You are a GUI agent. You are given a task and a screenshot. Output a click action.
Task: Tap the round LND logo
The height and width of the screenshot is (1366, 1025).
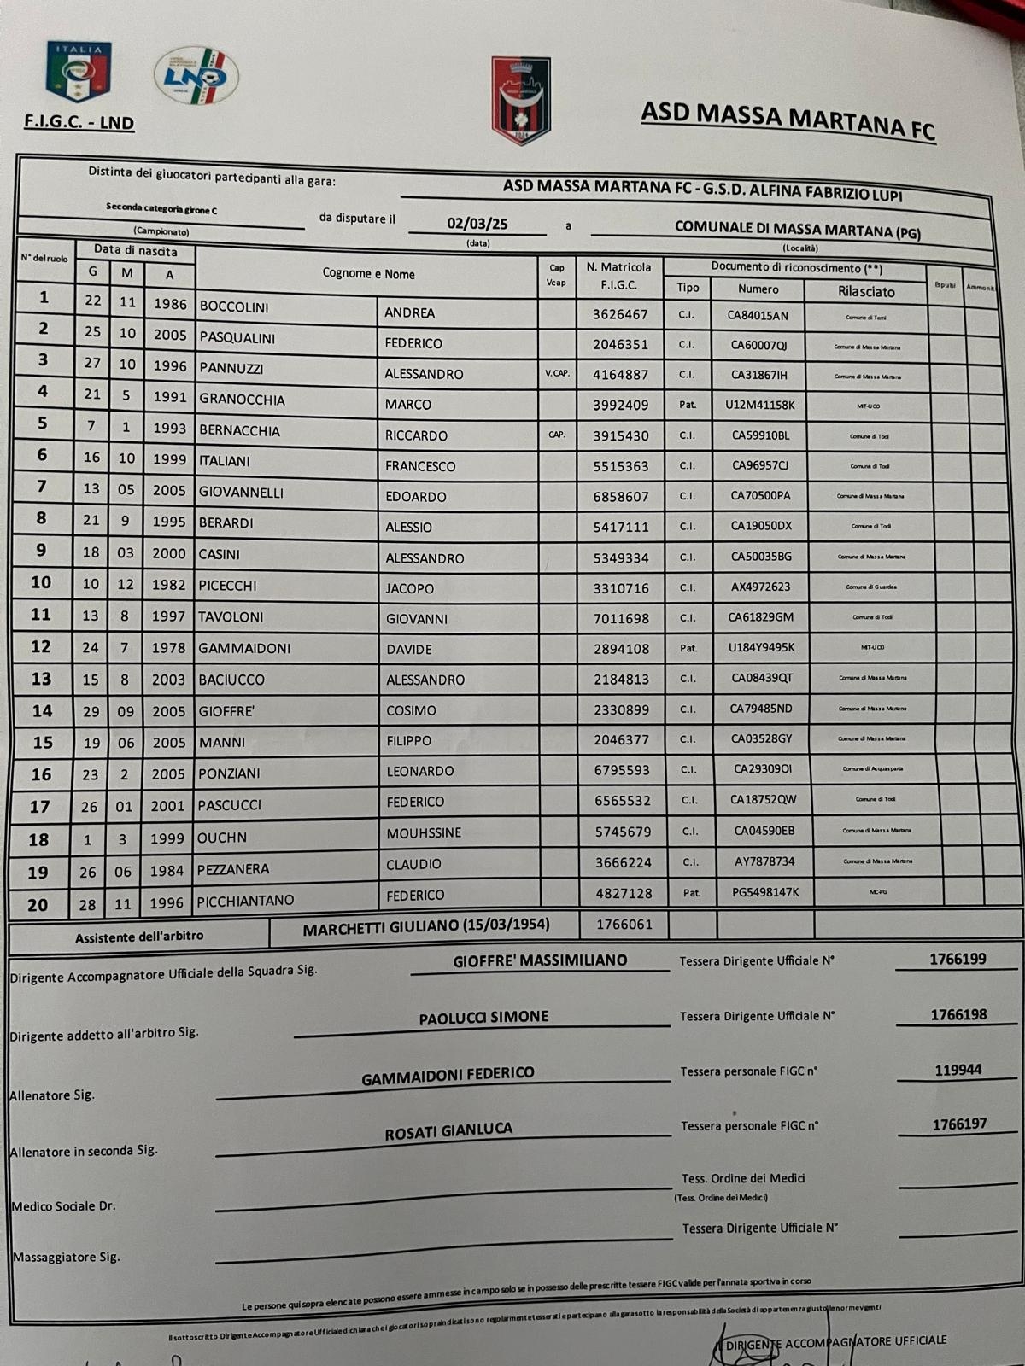(x=196, y=76)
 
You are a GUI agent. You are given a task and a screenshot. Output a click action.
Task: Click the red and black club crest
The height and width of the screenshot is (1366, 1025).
(x=521, y=101)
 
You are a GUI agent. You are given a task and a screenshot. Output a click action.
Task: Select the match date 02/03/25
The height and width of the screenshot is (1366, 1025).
(x=477, y=224)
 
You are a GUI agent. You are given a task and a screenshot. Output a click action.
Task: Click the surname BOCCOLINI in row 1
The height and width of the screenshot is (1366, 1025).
(x=234, y=306)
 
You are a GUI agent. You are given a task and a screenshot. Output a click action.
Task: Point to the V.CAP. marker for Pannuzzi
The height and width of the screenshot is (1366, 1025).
(x=556, y=373)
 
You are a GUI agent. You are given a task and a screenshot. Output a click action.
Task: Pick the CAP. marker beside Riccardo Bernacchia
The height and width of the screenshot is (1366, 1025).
(x=556, y=435)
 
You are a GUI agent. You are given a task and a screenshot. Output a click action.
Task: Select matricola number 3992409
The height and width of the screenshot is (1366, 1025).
(x=621, y=405)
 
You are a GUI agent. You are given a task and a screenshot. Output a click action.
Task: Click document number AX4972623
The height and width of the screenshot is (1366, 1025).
(x=760, y=587)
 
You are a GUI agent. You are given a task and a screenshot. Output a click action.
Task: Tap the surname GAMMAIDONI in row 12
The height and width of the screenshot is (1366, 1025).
(x=244, y=649)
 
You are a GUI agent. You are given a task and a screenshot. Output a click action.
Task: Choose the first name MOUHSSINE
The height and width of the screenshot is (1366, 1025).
(x=424, y=832)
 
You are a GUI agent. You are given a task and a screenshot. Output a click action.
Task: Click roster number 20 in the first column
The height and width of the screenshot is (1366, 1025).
(x=38, y=905)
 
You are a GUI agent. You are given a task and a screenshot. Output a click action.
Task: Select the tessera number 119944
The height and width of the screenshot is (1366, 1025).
(x=958, y=1070)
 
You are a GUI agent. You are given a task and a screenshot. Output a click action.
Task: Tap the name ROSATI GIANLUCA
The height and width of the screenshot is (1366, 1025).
(x=448, y=1132)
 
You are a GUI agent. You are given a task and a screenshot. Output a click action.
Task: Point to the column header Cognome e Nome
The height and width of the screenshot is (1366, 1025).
(x=369, y=274)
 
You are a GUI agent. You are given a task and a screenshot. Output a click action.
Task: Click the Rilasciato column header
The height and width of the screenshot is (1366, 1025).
(x=866, y=291)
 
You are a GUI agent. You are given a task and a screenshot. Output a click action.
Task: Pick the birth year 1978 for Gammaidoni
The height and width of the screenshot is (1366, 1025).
(x=168, y=648)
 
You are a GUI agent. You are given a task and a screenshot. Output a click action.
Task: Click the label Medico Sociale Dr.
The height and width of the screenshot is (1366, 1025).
(x=63, y=1206)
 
